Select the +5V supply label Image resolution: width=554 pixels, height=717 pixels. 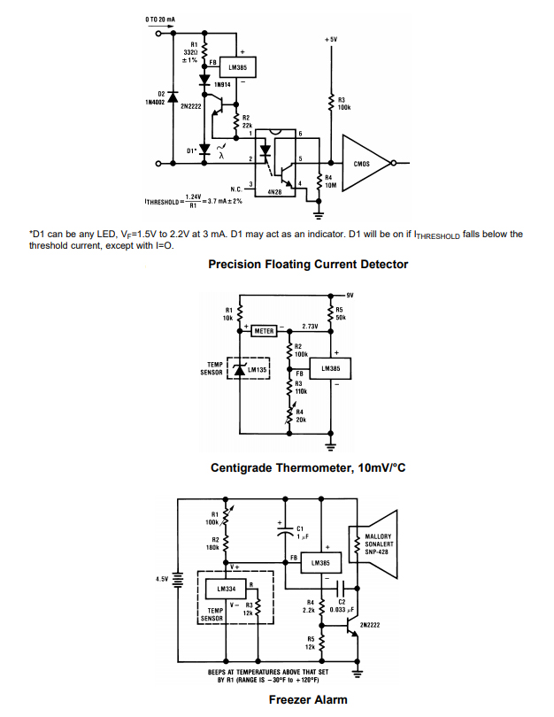click(331, 40)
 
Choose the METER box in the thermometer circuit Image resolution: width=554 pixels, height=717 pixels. click(265, 330)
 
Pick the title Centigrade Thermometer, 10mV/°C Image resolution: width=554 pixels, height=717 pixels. click(307, 467)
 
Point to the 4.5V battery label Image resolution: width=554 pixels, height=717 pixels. click(162, 579)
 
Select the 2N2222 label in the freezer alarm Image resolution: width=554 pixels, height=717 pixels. click(371, 624)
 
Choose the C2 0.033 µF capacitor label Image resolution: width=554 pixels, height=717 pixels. click(341, 605)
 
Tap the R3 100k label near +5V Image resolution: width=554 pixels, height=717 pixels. click(344, 103)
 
